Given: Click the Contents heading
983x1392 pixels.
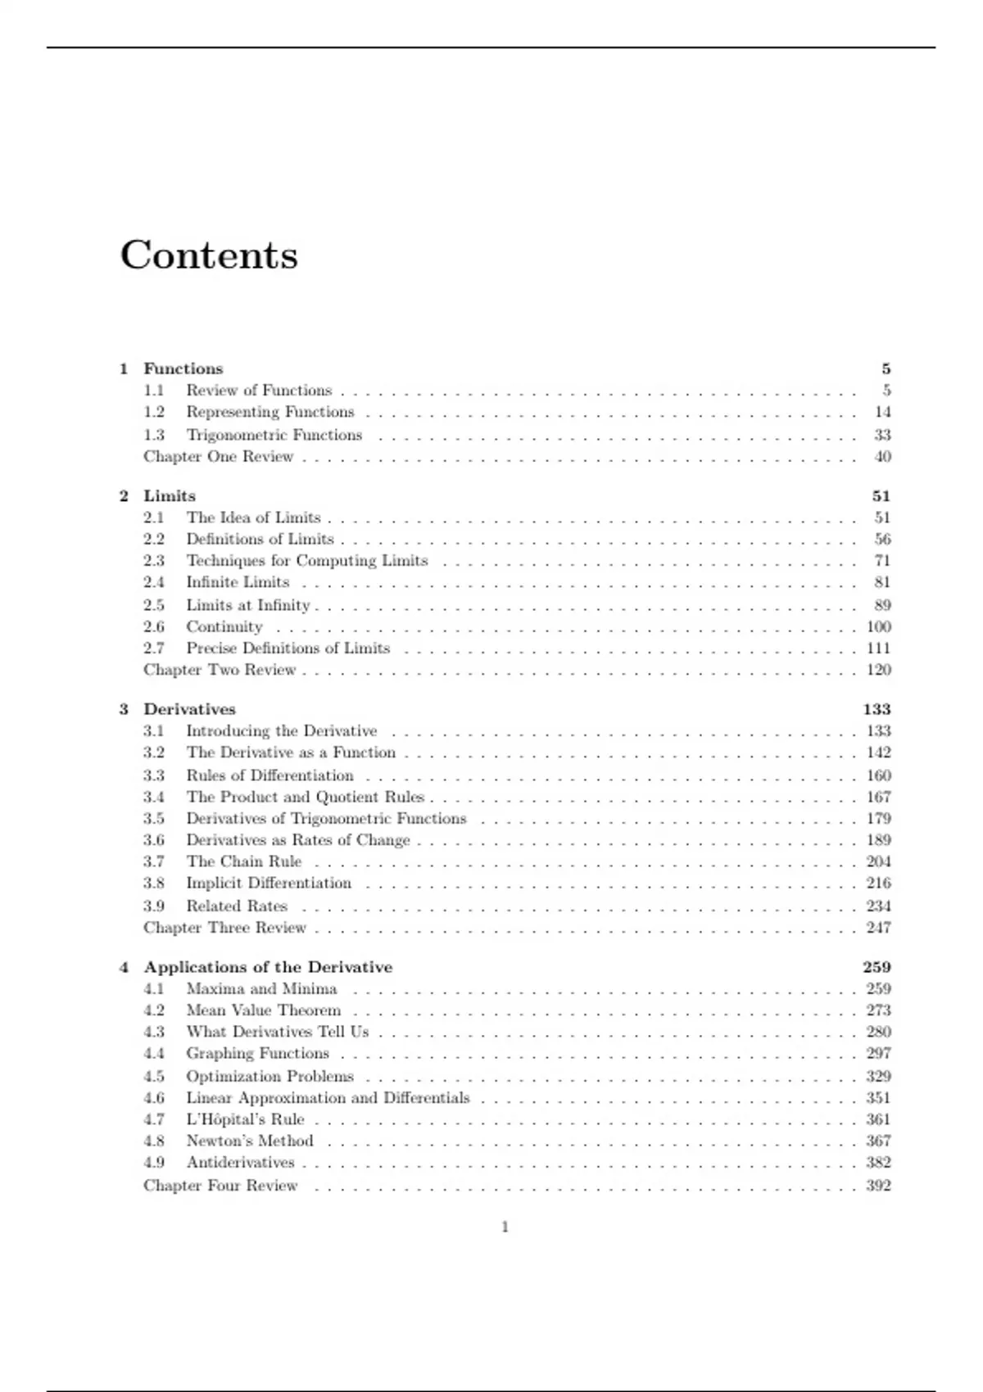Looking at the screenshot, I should pos(209,255).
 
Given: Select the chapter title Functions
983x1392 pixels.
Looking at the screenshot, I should pos(183,368).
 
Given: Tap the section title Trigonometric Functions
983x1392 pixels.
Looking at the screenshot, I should pos(274,435).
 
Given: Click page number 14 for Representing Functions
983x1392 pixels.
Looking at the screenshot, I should pos(882,412).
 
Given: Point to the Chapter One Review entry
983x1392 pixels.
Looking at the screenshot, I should pos(218,457).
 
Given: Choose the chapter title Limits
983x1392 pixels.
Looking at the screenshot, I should pos(170,496).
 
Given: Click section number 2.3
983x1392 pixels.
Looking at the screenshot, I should pos(154,561).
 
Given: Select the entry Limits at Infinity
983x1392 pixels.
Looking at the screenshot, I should pos(247,605).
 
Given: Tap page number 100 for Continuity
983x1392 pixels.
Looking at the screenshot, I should pos(878,627).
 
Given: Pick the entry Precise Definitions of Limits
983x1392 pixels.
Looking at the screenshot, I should pos(288,649).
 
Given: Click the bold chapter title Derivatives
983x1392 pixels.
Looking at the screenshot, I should pos(189,709).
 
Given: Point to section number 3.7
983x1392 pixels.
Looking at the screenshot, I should pos(154,861).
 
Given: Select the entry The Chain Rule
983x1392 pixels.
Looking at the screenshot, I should pos(243,861).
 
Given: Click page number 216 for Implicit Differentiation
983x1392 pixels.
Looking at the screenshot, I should pos(878,884).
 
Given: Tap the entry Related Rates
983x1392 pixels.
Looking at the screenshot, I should pos(236,906).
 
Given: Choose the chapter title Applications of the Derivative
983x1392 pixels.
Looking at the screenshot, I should pos(268,967).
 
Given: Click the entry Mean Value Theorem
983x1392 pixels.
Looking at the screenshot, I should pos(263,1010).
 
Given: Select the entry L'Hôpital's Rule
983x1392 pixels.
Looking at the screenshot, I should pos(245,1119).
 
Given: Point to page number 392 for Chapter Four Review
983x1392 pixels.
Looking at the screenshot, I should pos(878,1186).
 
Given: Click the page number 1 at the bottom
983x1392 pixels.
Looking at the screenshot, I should pos(505,1227).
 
